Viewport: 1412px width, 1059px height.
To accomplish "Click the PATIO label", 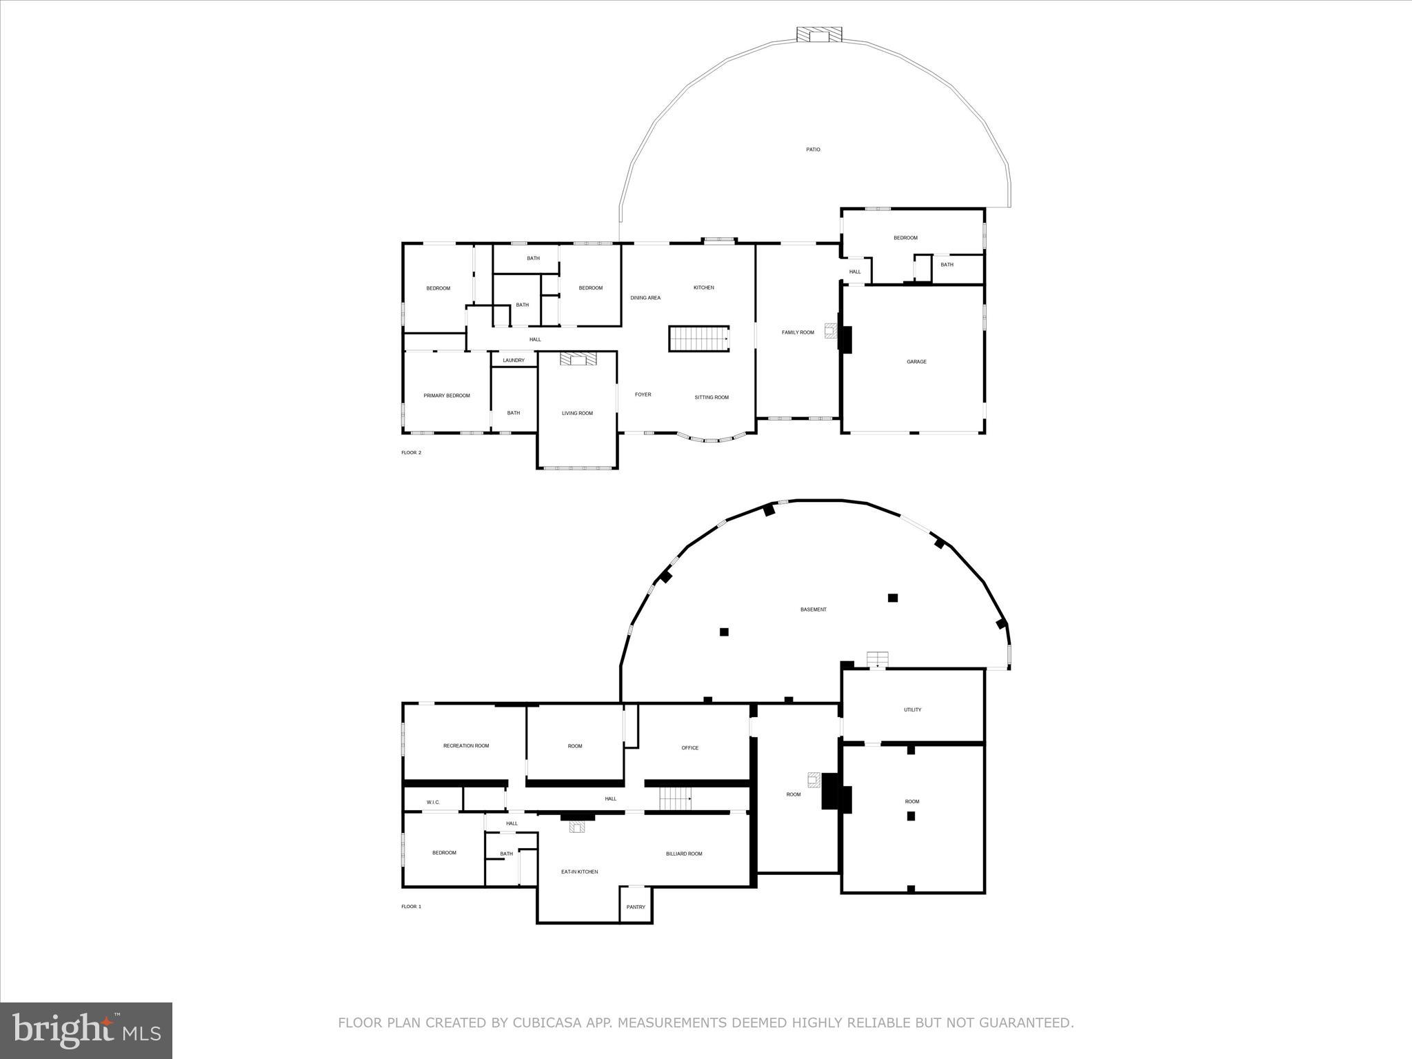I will pos(813,150).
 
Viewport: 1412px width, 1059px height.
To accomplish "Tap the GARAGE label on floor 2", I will pos(916,362).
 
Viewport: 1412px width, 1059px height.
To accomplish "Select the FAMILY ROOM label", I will pos(798,332).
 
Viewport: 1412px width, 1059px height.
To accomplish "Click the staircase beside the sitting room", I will pos(698,339).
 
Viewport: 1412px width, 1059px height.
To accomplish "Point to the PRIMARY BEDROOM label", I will pos(447,396).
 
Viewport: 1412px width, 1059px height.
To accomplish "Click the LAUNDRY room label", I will pos(514,361).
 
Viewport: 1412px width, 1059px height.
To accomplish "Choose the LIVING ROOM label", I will pos(577,414).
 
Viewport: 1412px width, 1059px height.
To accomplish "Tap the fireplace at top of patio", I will pos(819,35).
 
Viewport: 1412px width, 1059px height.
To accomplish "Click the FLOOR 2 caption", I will pos(411,453).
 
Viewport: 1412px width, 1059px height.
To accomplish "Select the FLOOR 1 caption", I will pos(411,907).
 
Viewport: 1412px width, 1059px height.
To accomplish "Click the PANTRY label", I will pos(636,907).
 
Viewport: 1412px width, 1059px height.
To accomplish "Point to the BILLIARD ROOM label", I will pos(684,854).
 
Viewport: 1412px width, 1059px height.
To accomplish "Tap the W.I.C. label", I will pos(433,803).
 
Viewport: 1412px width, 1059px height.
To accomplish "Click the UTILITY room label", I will pos(912,710).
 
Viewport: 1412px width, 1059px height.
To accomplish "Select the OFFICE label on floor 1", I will pos(689,748).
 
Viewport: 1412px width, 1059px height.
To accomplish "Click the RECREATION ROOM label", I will pos(466,746).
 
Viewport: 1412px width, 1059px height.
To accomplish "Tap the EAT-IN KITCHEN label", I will pos(579,872).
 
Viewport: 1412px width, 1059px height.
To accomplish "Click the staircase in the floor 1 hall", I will pos(674,799).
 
